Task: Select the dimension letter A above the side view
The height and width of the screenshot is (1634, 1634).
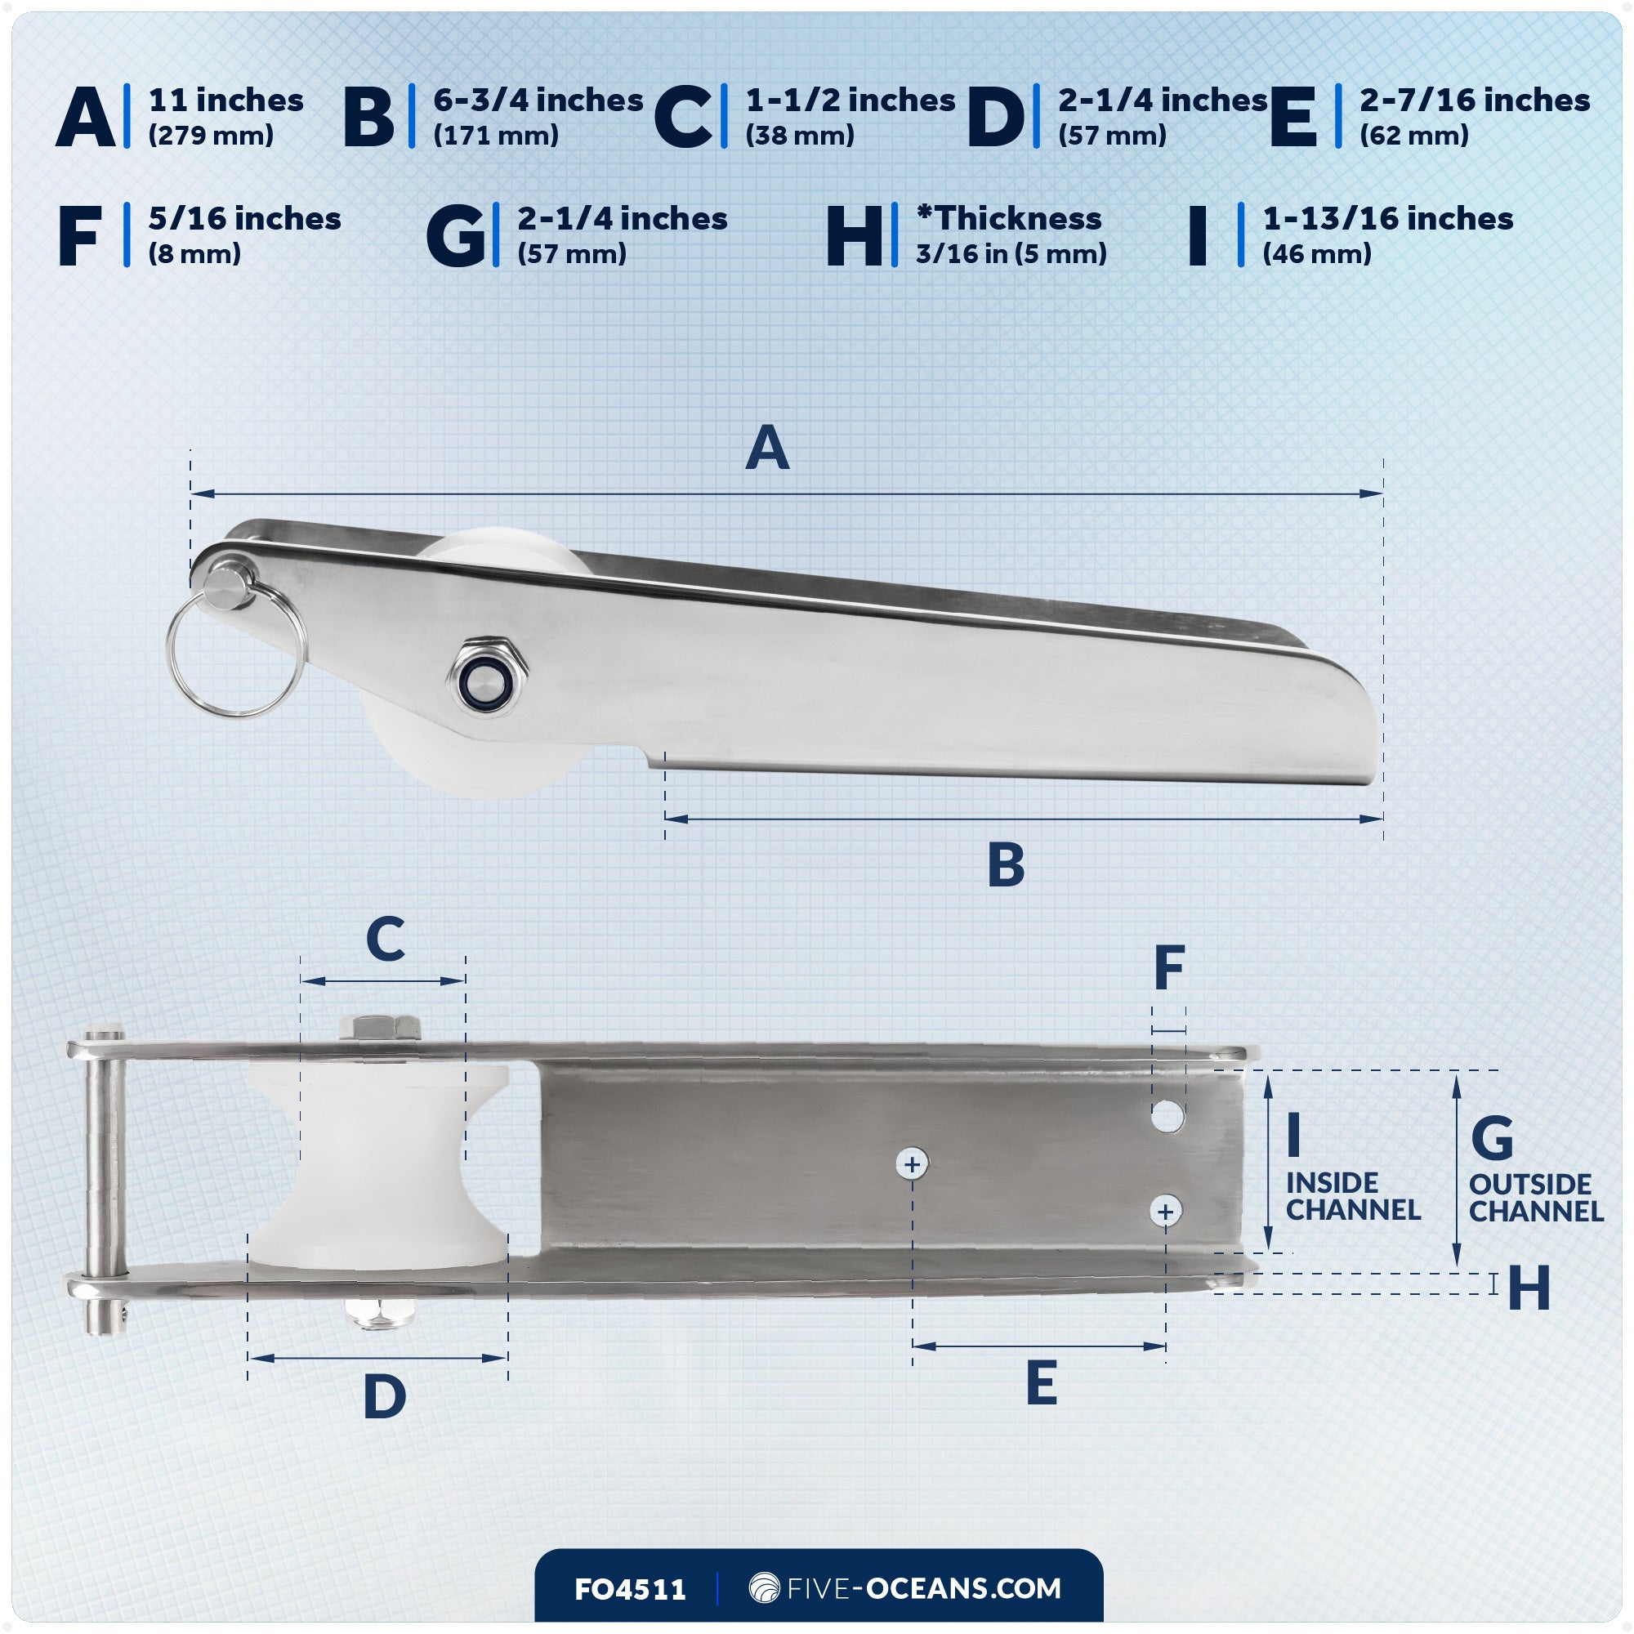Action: point(767,449)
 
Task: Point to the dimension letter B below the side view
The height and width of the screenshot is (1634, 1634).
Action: point(1006,865)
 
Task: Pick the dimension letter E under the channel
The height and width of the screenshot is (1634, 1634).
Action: point(1041,1384)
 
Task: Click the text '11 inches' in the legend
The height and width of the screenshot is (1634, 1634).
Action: point(225,100)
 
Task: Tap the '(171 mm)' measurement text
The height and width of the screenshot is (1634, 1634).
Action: point(496,136)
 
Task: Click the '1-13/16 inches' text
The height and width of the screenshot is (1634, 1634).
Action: point(1387,219)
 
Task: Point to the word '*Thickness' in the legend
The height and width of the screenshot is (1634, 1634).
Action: point(1008,219)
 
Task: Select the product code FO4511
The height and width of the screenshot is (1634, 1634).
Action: point(630,1589)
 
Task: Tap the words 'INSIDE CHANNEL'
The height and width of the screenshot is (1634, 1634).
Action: point(1352,1196)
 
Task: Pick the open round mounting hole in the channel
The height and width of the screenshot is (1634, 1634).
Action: point(1167,1116)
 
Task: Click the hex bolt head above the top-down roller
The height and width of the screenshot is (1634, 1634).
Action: point(380,1028)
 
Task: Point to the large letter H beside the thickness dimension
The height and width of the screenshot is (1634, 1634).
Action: point(1529,1288)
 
